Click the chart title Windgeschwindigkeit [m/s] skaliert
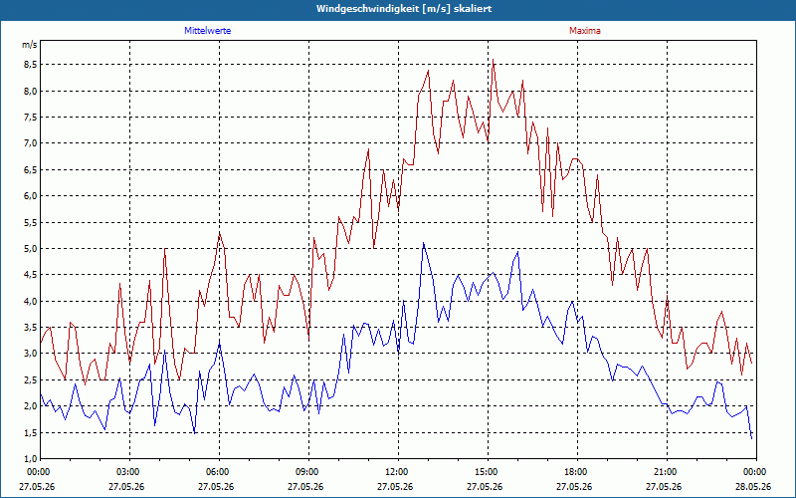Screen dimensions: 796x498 (x=404, y=9)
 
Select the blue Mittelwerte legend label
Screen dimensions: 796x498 (x=208, y=31)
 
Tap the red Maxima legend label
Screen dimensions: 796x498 (x=585, y=31)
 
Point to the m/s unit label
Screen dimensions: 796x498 (x=30, y=45)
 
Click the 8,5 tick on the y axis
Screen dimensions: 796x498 (x=30, y=65)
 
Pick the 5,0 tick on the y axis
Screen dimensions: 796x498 (x=30, y=248)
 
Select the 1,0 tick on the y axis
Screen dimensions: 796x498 (x=30, y=459)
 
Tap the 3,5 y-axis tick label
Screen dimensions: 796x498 (x=30, y=328)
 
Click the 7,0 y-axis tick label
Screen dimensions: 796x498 (x=30, y=143)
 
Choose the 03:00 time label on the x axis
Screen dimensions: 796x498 (x=129, y=472)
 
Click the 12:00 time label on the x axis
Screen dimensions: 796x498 (x=398, y=472)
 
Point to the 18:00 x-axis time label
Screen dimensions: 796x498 (x=577, y=472)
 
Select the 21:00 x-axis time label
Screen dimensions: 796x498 (x=667, y=472)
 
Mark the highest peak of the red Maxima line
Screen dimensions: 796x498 (x=493, y=60)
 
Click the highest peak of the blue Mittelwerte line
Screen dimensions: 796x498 (x=424, y=243)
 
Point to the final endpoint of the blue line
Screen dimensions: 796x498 (x=752, y=438)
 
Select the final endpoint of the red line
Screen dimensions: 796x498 (x=752, y=364)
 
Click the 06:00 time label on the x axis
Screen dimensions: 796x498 (x=219, y=472)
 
